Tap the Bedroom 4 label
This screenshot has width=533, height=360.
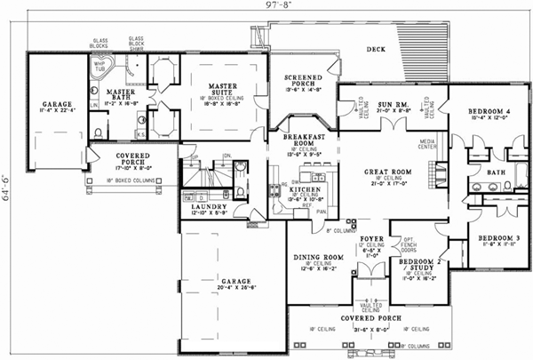tap(489, 111)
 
